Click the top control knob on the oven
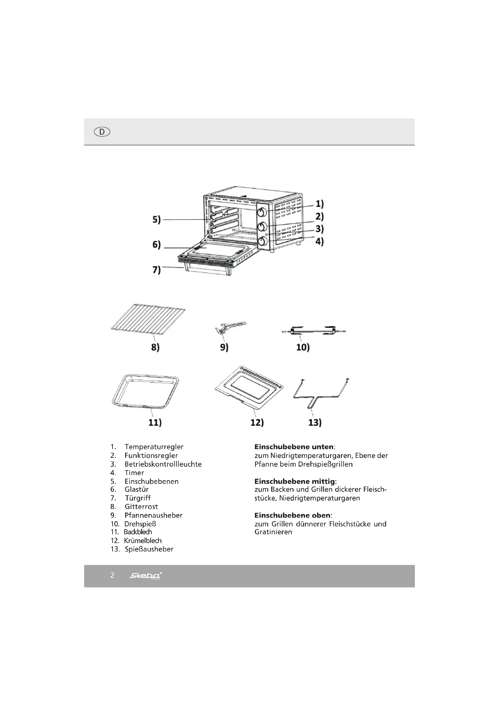point(262,212)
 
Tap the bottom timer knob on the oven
point(262,241)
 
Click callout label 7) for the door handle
point(157,270)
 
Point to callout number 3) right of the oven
point(319,229)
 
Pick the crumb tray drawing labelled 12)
point(249,388)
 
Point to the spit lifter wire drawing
point(320,394)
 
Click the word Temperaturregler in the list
point(154,447)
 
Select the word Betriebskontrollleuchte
point(163,464)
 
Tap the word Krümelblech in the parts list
point(143,541)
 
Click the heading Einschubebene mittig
point(295,481)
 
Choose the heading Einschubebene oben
point(293,515)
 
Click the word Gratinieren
point(273,532)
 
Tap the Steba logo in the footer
point(145,575)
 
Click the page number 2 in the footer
point(112,575)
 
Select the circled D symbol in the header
point(102,132)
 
